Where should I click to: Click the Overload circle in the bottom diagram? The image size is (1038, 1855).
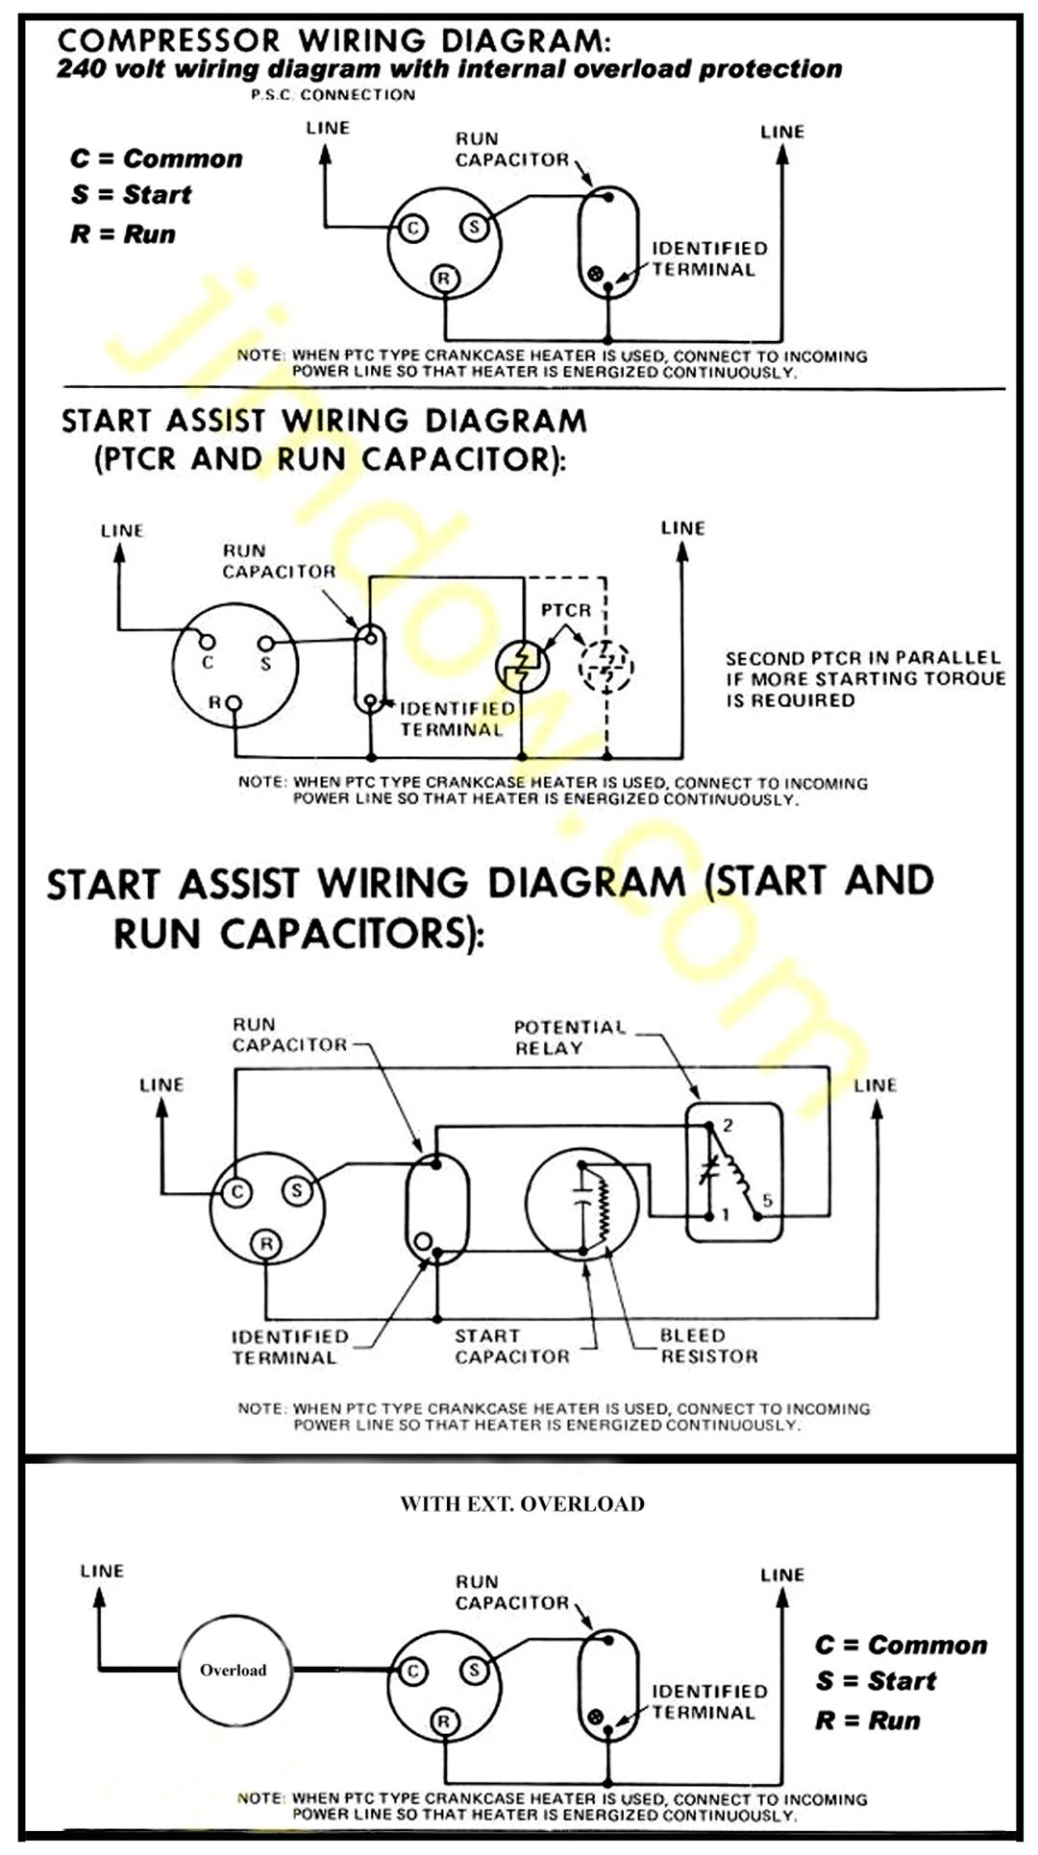pos(234,1670)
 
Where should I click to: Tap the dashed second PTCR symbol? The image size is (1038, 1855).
pos(606,665)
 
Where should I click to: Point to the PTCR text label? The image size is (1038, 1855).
pos(566,610)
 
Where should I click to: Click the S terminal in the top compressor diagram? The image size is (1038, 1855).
pos(474,228)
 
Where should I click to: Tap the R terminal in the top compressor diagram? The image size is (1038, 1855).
pos(443,280)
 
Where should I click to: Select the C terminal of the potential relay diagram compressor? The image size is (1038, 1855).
pos(236,1193)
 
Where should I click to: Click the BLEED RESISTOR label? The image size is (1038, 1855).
pos(708,1346)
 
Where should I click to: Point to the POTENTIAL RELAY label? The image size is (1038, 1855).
pos(569,1037)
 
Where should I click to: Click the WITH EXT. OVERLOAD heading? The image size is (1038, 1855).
pos(522,1504)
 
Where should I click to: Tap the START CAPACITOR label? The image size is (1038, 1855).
pos(511,1346)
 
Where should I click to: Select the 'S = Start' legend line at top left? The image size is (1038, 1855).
pos(131,195)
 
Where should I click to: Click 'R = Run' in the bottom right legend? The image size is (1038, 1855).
pos(867,1721)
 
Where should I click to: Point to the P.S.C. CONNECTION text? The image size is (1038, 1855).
pos(333,95)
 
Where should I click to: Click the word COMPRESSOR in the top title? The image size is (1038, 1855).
pos(168,40)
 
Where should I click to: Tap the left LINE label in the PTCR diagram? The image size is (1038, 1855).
pos(122,531)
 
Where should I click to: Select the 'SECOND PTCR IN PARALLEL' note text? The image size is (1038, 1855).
pos(862,659)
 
